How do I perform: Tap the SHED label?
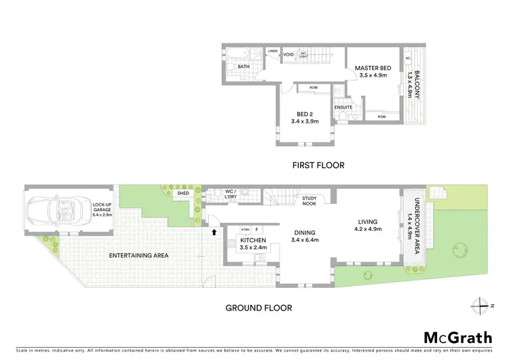(183, 194)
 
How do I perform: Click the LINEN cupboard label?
(273, 51)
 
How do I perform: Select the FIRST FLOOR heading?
(319, 165)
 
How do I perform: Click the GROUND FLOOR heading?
(259, 308)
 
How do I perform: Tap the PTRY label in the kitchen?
(245, 230)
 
